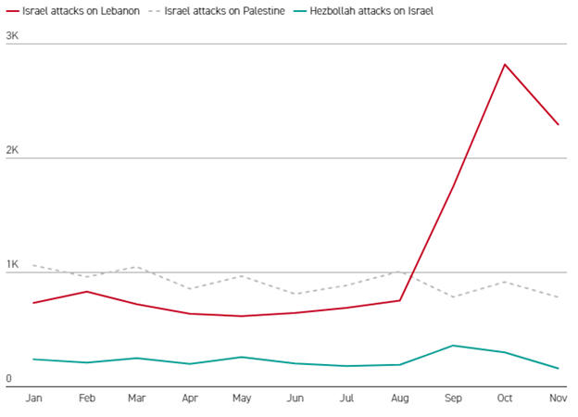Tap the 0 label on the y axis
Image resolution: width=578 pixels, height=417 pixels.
pyautogui.click(x=8, y=379)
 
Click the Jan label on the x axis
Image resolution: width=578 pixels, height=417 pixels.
pyautogui.click(x=34, y=398)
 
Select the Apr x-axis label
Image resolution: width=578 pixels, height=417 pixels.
pyautogui.click(x=191, y=398)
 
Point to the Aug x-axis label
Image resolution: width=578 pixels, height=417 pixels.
pyautogui.click(x=399, y=398)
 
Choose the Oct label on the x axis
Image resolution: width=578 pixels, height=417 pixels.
pyautogui.click(x=505, y=398)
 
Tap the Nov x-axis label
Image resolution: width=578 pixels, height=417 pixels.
pyautogui.click(x=557, y=398)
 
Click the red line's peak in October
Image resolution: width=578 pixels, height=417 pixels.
pyautogui.click(x=505, y=64)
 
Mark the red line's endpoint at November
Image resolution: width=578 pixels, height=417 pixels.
pyautogui.click(x=558, y=124)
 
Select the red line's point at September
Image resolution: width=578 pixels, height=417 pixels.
pyautogui.click(x=453, y=186)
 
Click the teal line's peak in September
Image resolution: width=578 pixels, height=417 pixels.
pyautogui.click(x=453, y=346)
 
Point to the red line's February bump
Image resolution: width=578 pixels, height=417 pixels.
pyautogui.click(x=87, y=292)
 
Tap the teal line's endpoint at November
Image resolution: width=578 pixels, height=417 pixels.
pyautogui.click(x=558, y=368)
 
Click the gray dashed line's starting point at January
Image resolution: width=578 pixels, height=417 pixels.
pyautogui.click(x=34, y=266)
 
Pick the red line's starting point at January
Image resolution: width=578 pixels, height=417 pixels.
pyautogui.click(x=34, y=303)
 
